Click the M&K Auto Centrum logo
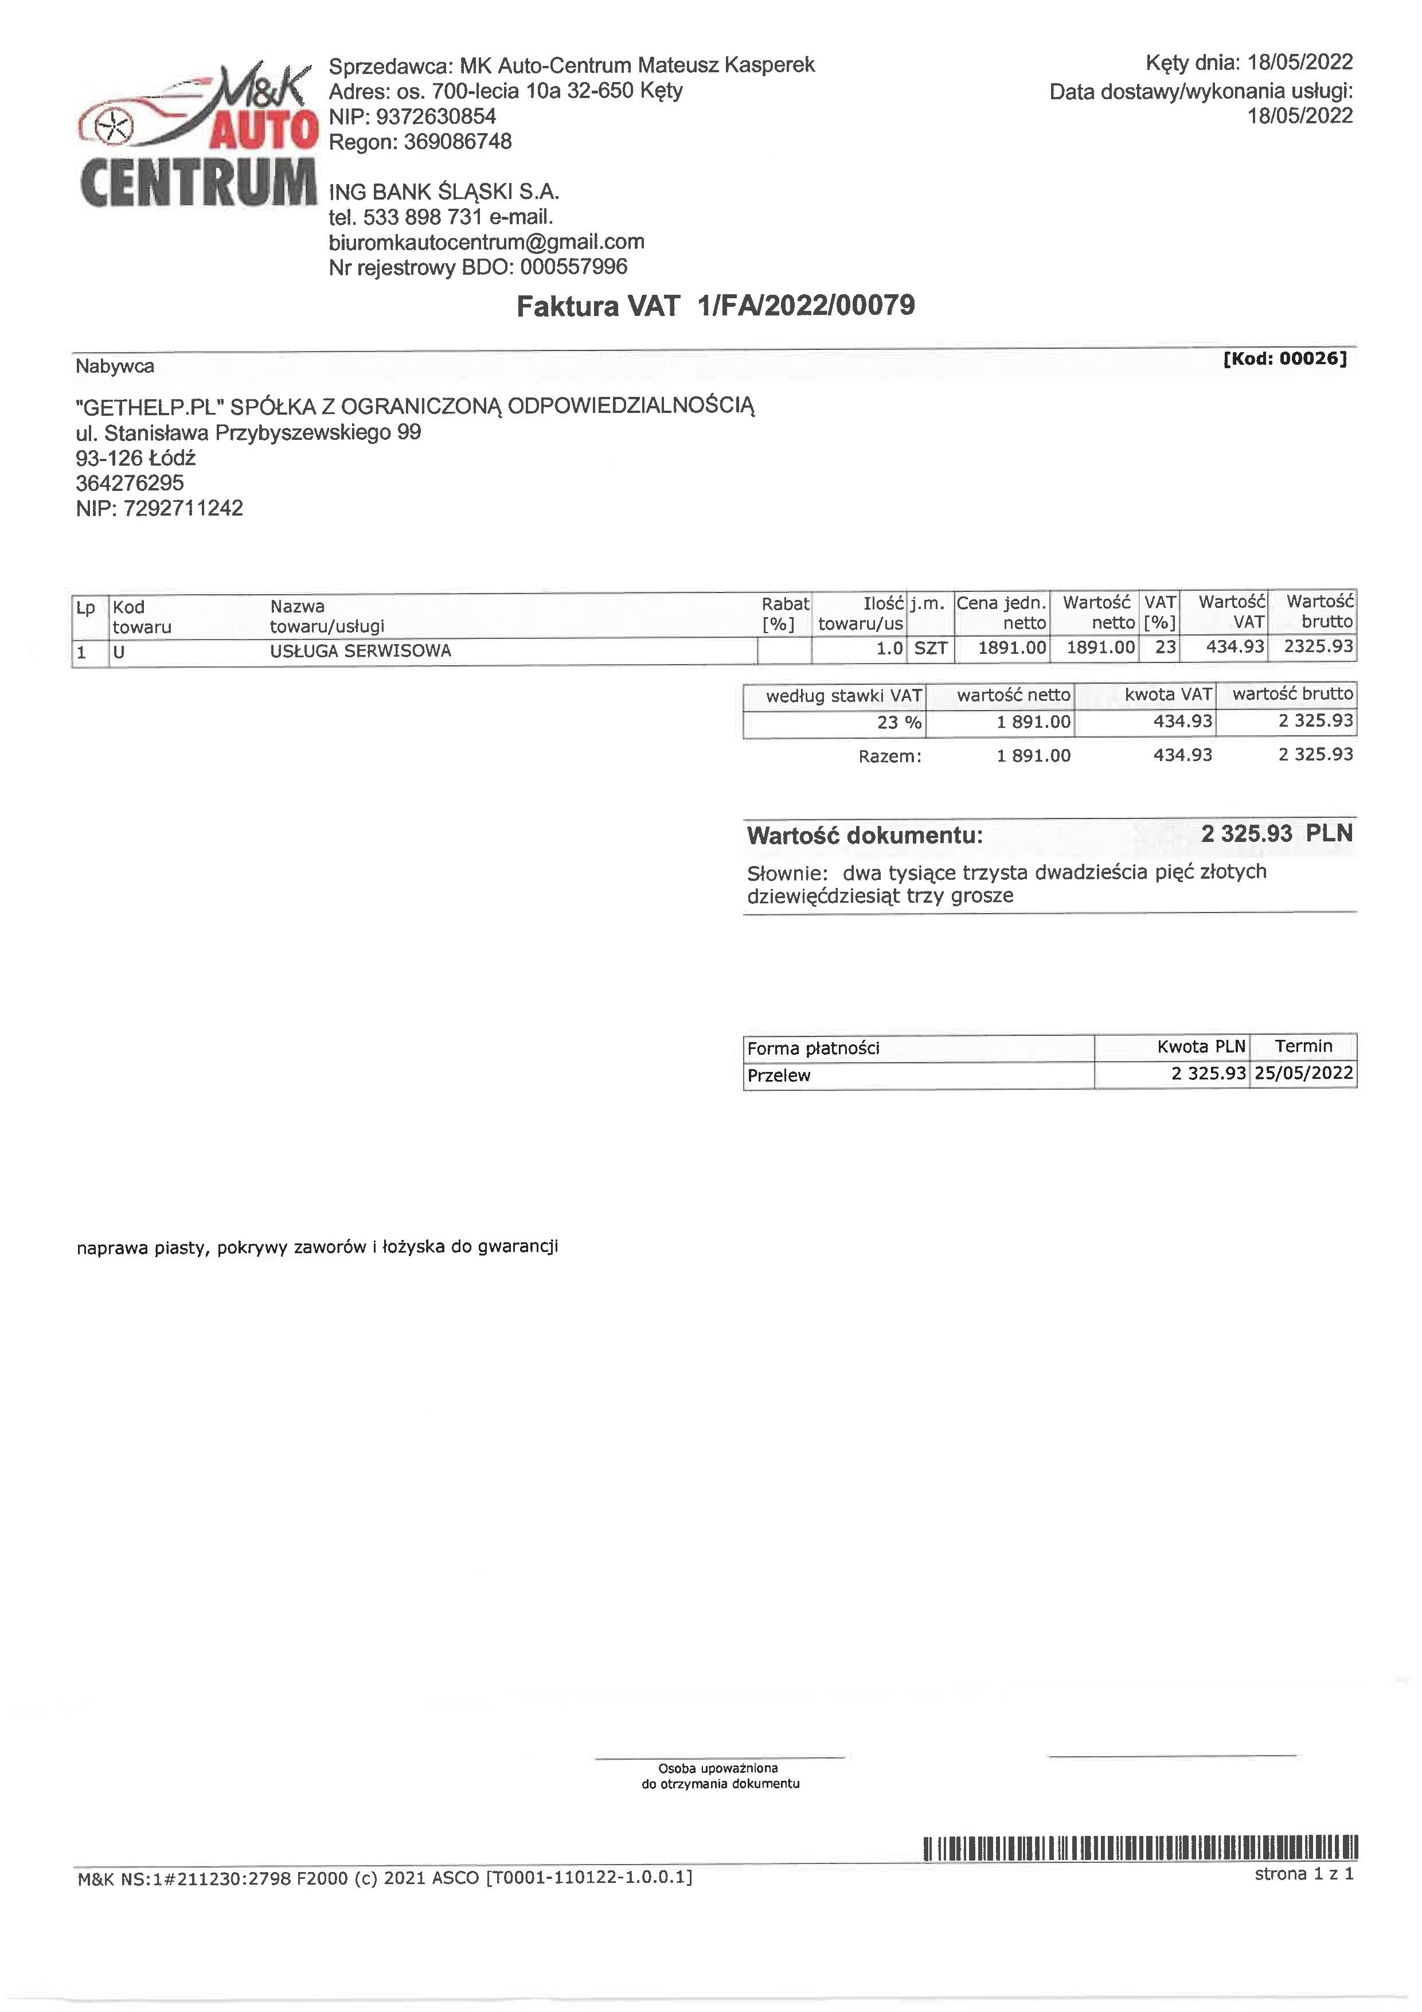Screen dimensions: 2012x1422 [197, 136]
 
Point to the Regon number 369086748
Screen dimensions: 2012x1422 [458, 142]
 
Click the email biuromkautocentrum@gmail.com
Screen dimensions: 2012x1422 [486, 242]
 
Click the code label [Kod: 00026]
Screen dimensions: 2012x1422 [1284, 358]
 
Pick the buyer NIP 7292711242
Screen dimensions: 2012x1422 [183, 508]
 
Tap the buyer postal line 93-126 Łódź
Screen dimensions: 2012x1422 [136, 458]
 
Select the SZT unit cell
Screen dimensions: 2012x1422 [931, 649]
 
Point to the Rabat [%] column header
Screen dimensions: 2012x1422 [784, 614]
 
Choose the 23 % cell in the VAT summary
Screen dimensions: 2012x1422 [899, 723]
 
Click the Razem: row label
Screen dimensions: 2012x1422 [889, 757]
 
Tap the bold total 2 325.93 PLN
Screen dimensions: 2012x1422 [1276, 833]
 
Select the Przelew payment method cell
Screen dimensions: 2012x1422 [779, 1076]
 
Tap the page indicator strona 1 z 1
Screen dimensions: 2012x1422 [1304, 1874]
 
